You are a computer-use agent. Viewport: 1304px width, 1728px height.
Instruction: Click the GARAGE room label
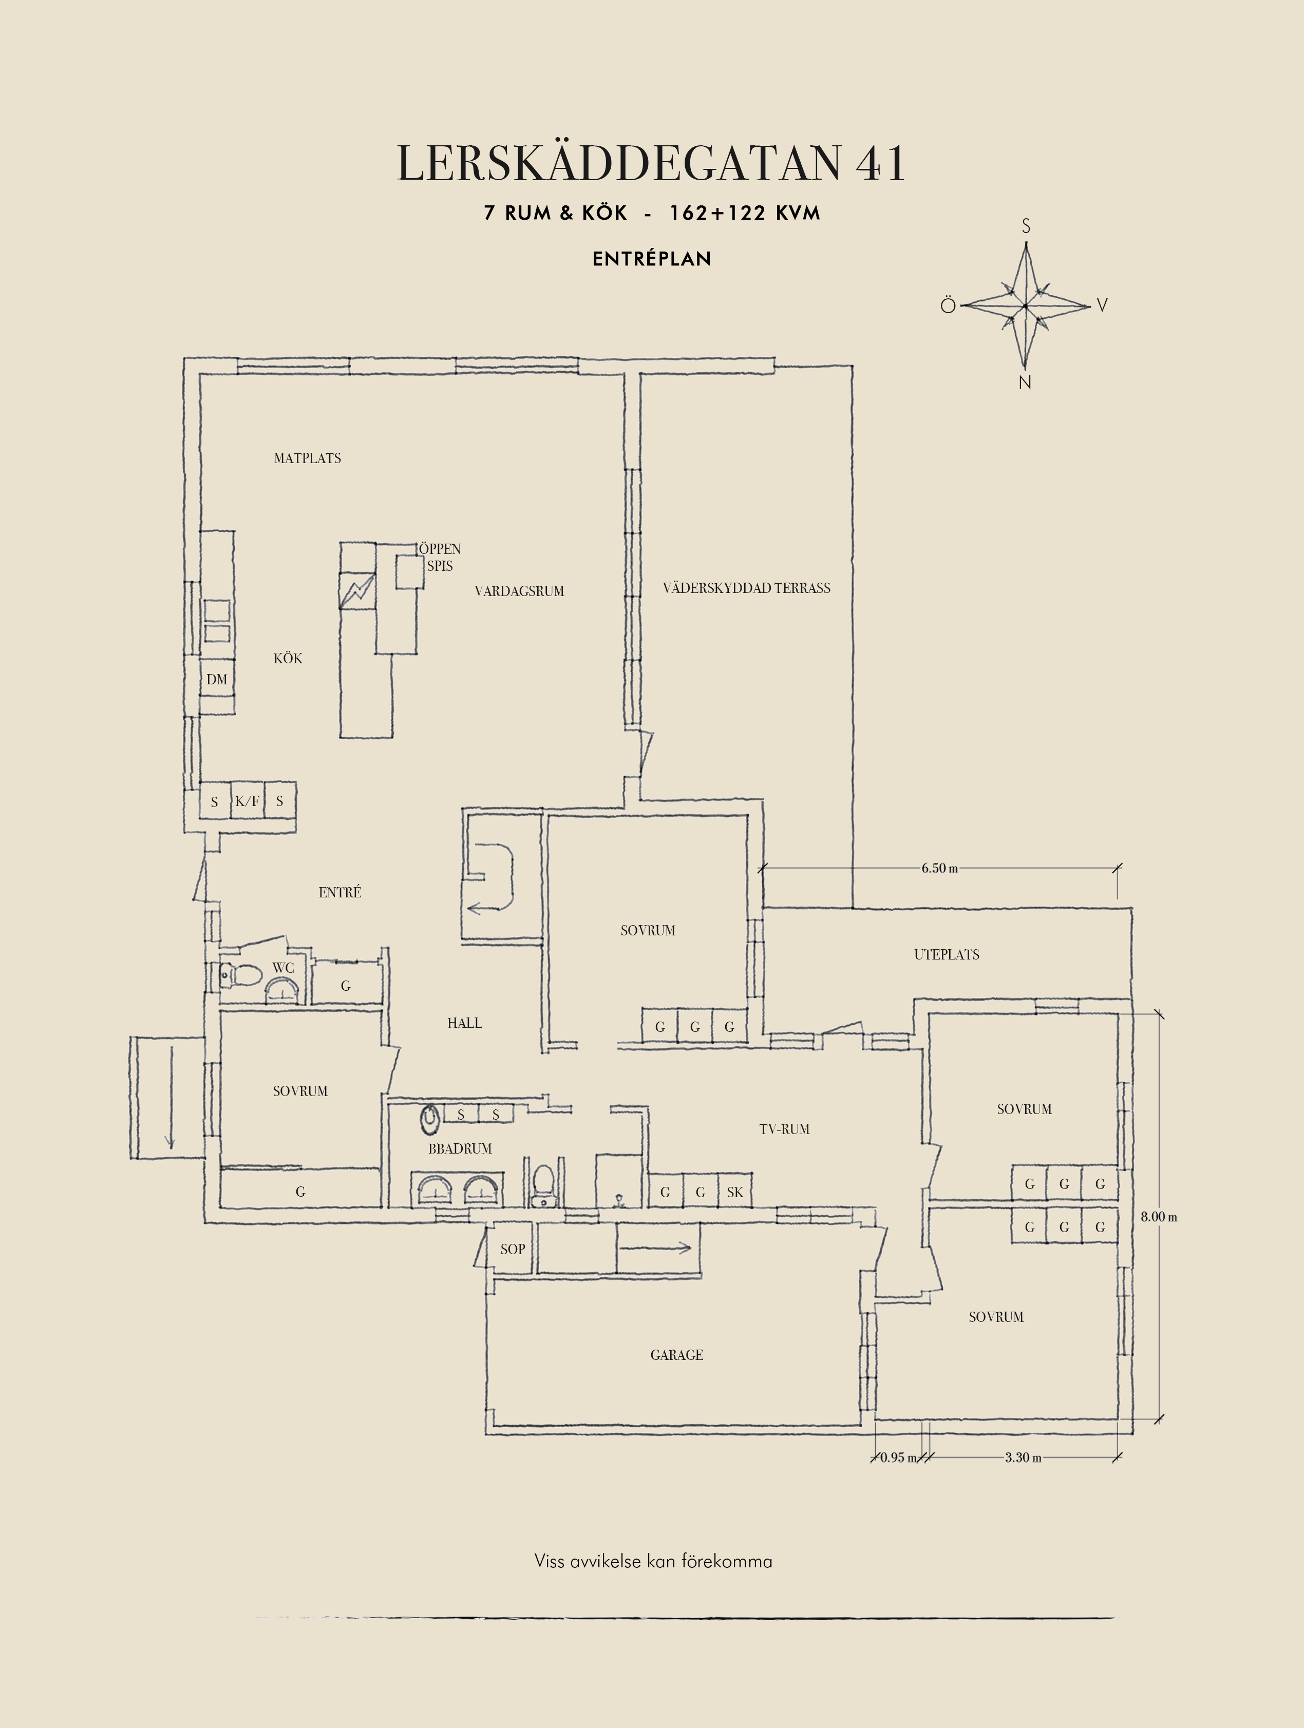676,1355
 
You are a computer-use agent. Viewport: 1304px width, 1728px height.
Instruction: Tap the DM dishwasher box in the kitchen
217,679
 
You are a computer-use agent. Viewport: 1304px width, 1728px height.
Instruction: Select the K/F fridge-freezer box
247,801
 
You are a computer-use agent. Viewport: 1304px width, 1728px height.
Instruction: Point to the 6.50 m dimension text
939,868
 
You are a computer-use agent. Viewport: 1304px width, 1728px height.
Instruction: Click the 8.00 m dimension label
1159,1216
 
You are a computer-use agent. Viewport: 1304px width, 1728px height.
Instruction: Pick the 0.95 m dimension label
898,1457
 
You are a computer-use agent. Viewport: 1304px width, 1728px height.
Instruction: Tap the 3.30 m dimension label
1023,1457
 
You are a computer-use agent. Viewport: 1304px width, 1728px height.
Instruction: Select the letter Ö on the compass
948,304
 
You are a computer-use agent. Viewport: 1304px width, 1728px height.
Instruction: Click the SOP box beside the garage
513,1249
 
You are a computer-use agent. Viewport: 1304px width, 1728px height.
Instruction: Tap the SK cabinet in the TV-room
734,1192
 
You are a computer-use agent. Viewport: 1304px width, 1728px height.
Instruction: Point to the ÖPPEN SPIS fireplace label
439,557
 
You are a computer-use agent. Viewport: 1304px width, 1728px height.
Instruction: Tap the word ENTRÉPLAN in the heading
652,259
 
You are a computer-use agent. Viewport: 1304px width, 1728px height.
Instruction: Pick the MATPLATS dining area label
307,458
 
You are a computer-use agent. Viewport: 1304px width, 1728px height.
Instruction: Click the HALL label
464,1023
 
